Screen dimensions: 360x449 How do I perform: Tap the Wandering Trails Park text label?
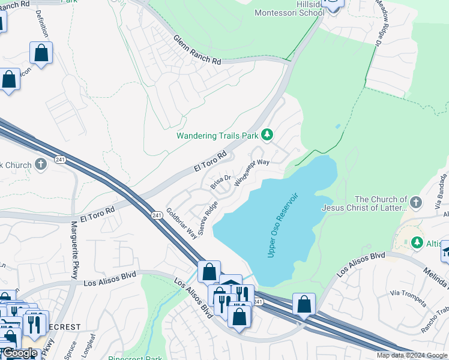(x=217, y=136)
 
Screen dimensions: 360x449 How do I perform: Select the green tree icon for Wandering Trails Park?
(x=267, y=135)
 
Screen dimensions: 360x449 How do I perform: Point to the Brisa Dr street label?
(x=221, y=182)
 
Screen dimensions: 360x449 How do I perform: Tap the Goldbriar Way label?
(x=182, y=223)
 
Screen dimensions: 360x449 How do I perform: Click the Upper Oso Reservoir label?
(x=283, y=226)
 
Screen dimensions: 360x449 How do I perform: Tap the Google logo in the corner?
(x=19, y=353)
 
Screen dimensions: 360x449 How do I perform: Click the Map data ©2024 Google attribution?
(x=412, y=355)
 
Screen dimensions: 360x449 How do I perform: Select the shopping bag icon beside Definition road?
(x=41, y=53)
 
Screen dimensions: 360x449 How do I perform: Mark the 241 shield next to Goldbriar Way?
(x=157, y=215)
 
